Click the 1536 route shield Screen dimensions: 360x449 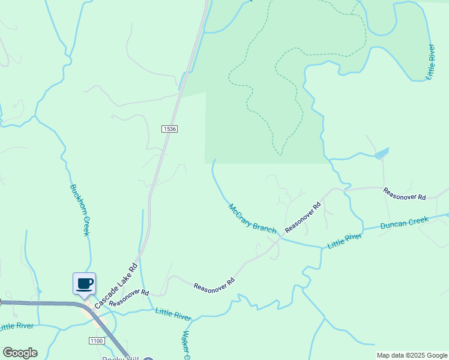(x=169, y=129)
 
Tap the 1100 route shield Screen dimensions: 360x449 (x=97, y=341)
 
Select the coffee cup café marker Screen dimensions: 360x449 (x=84, y=283)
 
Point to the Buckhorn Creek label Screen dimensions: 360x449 (x=80, y=209)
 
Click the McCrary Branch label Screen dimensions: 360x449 (x=252, y=219)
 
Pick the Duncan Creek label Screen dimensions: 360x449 (x=405, y=224)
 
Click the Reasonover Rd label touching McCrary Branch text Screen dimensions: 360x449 (x=303, y=218)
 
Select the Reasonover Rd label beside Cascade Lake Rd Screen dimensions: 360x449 (x=129, y=297)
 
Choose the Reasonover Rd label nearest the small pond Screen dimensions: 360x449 (x=405, y=194)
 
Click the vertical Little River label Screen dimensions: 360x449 (x=430, y=62)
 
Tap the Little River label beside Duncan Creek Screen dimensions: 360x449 (x=345, y=241)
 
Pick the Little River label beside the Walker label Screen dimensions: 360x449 (x=173, y=313)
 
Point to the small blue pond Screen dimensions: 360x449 (x=381, y=154)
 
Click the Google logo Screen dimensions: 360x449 (x=20, y=353)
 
